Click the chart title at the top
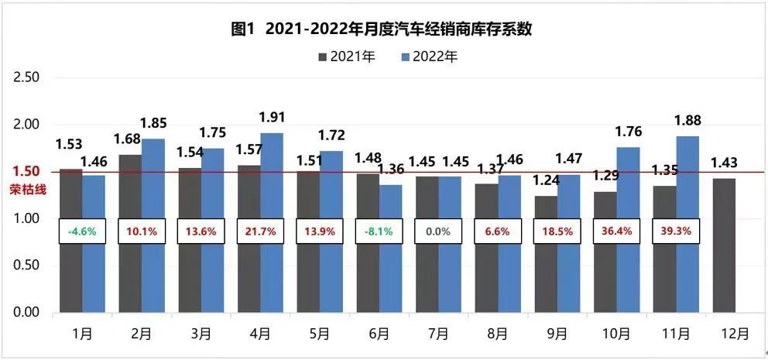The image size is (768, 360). (x=384, y=29)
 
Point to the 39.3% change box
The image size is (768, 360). (x=676, y=231)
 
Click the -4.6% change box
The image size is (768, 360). (x=82, y=231)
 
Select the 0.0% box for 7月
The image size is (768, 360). (x=438, y=231)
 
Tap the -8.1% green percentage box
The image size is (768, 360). (x=379, y=231)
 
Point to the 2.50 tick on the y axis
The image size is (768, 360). (x=27, y=77)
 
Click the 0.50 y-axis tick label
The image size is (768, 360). (x=27, y=266)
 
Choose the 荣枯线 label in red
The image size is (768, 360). (x=23, y=188)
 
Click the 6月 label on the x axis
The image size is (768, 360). (x=379, y=334)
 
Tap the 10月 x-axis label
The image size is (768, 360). (x=616, y=334)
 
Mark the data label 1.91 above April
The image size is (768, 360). (x=271, y=118)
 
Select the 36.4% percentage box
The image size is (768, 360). (x=616, y=231)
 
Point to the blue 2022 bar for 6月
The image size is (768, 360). (x=391, y=248)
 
